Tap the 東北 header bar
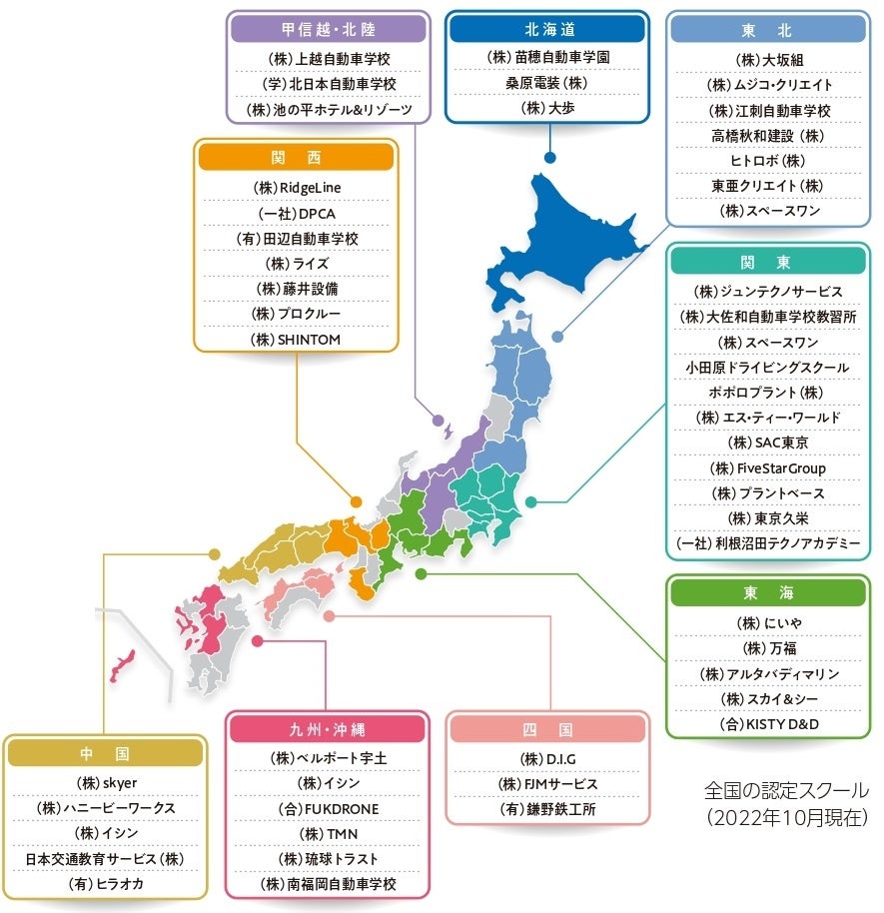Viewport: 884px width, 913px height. tap(768, 29)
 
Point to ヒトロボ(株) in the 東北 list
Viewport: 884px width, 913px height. tap(768, 160)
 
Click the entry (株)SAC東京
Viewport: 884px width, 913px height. tap(767, 443)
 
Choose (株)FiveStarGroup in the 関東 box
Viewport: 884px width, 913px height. tap(767, 467)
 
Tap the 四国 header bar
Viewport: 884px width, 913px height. tap(547, 729)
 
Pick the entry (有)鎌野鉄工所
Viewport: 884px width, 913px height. tap(547, 809)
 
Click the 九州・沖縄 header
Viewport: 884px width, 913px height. tap(328, 729)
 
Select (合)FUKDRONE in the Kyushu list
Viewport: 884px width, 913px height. tap(328, 808)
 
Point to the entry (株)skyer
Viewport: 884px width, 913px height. tap(106, 782)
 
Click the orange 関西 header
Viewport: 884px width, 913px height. tap(297, 157)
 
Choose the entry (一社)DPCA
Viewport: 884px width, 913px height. tap(297, 213)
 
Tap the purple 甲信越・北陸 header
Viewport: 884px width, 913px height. tap(328, 29)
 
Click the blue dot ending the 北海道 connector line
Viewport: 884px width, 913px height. tap(549, 157)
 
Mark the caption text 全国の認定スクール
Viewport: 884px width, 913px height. tap(785, 791)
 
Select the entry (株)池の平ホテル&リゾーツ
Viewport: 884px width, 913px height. tap(328, 108)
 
